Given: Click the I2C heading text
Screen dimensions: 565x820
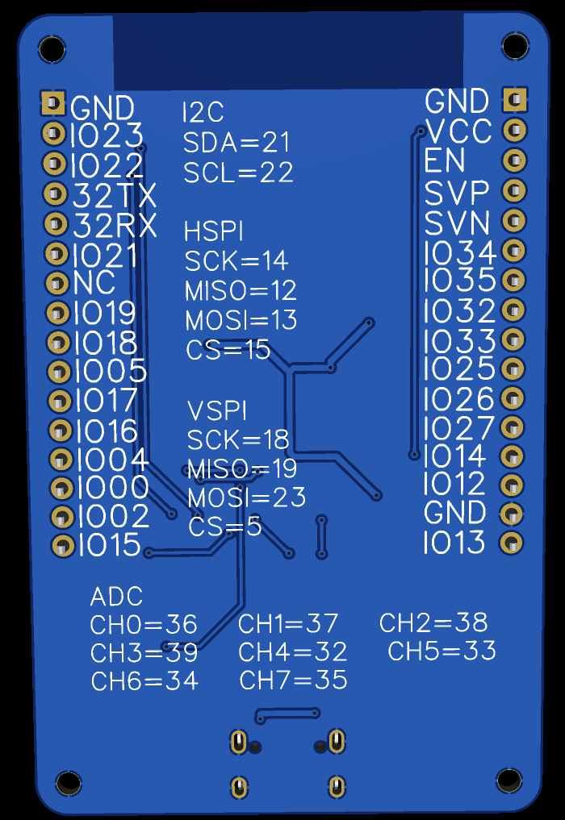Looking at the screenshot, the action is (203, 112).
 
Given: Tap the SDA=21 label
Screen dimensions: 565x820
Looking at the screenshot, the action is (236, 142).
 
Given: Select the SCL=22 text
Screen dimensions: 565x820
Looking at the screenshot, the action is (238, 173).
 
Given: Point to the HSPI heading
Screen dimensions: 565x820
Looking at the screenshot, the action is (214, 231).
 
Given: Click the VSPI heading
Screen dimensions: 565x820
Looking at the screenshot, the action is (217, 410).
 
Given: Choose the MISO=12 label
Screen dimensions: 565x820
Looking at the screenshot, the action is (241, 291).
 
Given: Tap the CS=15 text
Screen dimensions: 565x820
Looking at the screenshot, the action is (228, 350).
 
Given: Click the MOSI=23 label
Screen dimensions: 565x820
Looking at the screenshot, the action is (247, 497).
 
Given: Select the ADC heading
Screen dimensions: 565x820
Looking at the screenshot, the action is (116, 597).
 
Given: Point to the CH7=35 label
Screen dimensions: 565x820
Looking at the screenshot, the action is (293, 680).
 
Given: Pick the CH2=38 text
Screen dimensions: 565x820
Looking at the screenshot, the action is (433, 622).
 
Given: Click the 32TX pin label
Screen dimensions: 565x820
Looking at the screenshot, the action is (115, 196).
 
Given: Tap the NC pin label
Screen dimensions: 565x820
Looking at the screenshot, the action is (94, 283).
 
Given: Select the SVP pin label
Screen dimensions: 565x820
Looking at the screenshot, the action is (457, 193).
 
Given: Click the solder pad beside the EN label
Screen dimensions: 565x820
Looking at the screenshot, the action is (514, 160).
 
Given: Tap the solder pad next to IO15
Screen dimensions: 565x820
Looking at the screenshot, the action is (63, 546).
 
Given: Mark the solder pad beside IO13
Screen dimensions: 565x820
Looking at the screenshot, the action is (511, 543).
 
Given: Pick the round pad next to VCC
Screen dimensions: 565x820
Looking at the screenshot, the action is (515, 130).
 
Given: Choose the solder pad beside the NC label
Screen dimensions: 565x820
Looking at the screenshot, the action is (57, 284).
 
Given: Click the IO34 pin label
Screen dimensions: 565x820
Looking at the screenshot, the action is (460, 252).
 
